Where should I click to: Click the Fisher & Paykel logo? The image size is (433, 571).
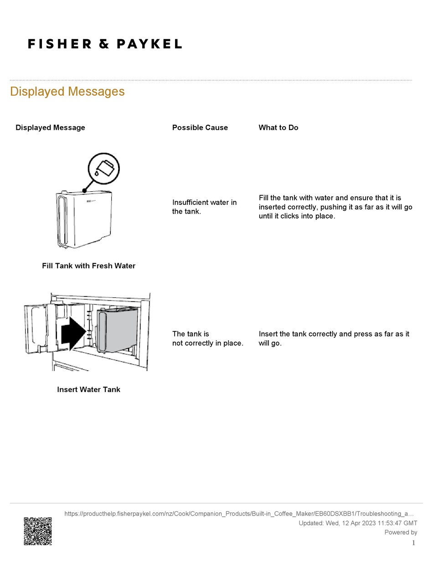click(x=105, y=44)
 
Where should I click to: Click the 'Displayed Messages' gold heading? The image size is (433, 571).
click(x=67, y=92)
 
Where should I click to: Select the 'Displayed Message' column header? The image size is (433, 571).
click(x=50, y=127)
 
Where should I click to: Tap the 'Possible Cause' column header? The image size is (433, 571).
click(x=200, y=127)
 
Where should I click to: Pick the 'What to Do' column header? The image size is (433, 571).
click(x=278, y=127)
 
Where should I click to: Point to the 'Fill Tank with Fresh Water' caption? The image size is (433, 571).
click(x=88, y=266)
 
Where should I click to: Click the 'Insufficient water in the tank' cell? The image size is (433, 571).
click(x=204, y=207)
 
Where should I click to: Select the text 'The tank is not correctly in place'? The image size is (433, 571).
click(x=207, y=338)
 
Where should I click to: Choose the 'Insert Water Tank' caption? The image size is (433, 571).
click(x=88, y=390)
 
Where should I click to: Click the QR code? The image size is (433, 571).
click(x=37, y=531)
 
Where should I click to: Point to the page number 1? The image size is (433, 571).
click(x=413, y=543)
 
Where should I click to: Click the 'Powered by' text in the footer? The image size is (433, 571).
click(x=401, y=532)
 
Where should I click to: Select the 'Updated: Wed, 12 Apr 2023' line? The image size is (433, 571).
click(x=357, y=523)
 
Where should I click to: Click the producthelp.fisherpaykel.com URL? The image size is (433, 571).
click(x=239, y=514)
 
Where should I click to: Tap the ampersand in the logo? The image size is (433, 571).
click(x=104, y=44)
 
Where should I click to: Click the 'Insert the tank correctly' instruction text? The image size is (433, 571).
click(x=334, y=338)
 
